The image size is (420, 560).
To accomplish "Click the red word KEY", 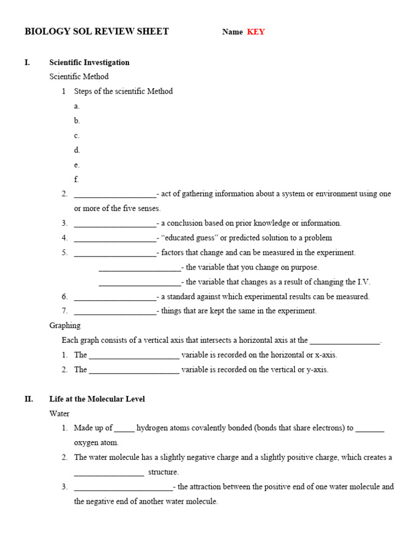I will coord(255,32).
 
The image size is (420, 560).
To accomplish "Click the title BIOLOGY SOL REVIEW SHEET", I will coord(97,32).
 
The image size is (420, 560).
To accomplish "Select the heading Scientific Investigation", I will coord(89,62).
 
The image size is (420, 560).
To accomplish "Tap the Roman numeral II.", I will coord(28,399).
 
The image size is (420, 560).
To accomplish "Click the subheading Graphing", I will coord(65,325).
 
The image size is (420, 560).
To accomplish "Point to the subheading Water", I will coord(60,413).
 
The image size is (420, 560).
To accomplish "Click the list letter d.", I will coord(77,150).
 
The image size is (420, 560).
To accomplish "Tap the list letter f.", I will coord(77,179).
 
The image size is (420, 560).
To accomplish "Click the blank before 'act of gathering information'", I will coord(115,195).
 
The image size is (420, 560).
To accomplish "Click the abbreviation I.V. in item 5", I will coord(364,282).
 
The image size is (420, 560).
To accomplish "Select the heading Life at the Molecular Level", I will coord(97,399).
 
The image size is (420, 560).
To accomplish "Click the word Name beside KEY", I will coord(232,32).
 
